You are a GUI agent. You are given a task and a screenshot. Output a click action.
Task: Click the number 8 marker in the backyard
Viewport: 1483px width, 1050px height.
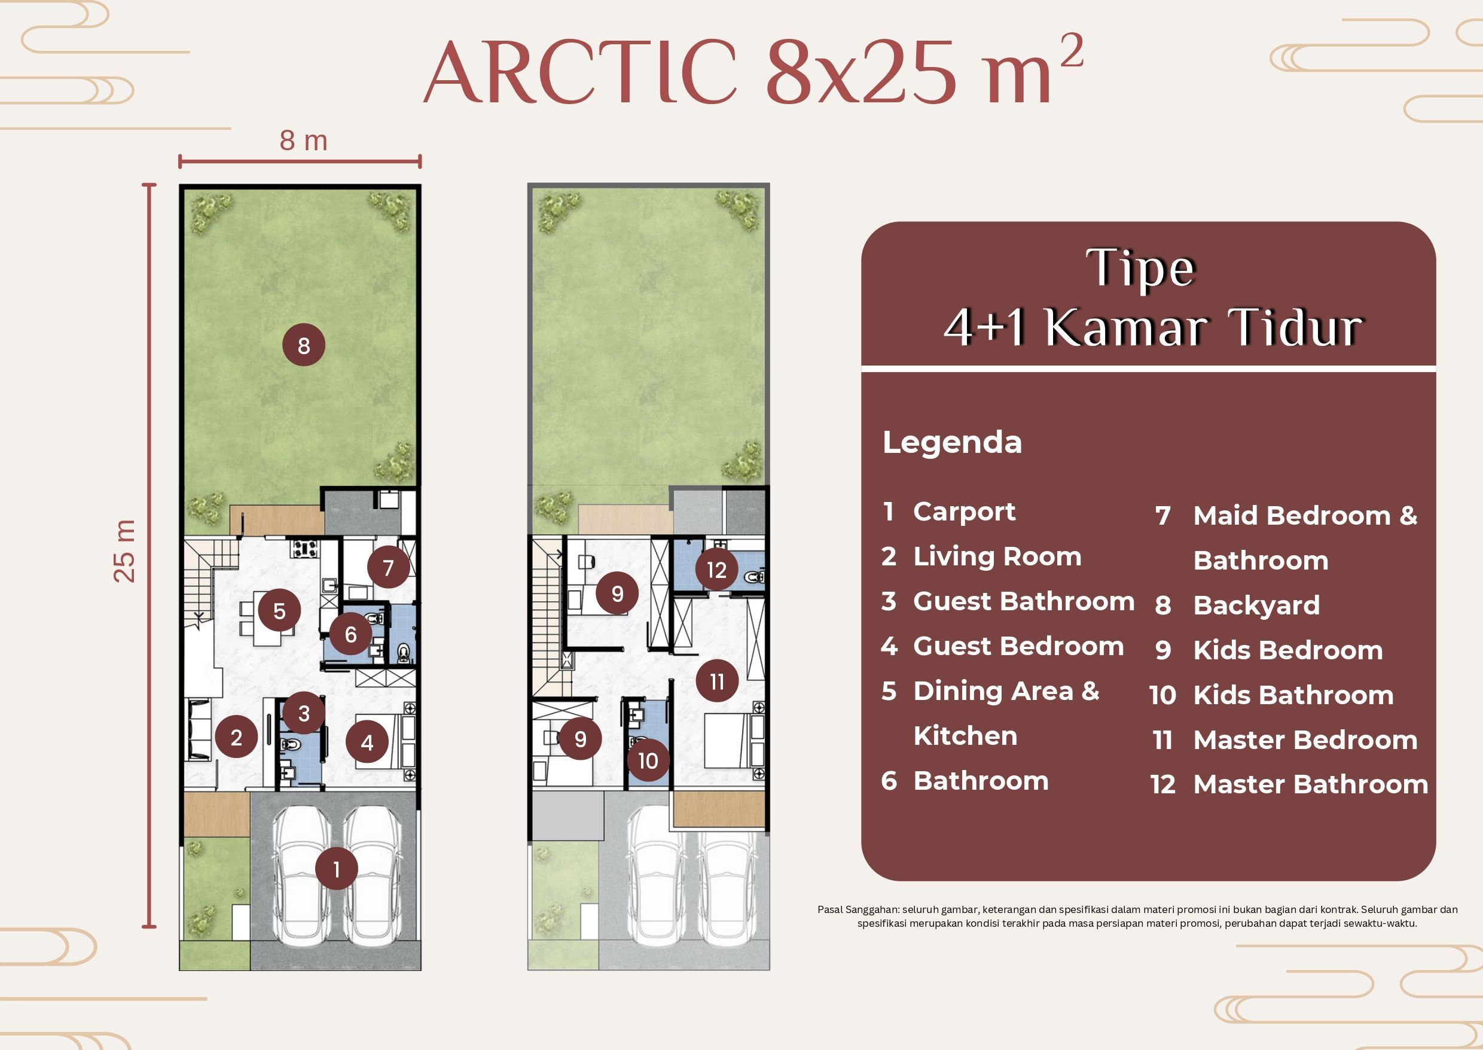click(x=304, y=345)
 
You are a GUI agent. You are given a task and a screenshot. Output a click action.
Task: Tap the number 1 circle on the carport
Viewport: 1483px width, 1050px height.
click(x=336, y=869)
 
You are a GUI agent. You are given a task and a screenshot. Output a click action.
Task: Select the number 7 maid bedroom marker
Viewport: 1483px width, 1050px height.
click(x=387, y=567)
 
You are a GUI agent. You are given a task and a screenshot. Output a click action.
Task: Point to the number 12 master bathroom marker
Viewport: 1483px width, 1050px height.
click(x=716, y=570)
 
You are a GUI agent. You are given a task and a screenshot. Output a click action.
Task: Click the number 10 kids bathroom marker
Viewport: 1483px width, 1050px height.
click(x=648, y=760)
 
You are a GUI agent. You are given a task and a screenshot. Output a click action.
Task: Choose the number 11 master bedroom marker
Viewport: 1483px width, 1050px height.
click(x=716, y=681)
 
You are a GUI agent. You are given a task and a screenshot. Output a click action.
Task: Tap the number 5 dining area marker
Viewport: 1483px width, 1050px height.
click(x=279, y=610)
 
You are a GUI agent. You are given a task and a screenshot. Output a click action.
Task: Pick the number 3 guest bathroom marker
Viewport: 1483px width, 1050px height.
click(x=304, y=713)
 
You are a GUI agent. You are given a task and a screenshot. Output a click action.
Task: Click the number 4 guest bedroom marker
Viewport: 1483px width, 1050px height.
click(x=367, y=742)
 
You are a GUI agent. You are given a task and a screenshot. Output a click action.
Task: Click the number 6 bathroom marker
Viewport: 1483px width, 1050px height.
click(x=350, y=634)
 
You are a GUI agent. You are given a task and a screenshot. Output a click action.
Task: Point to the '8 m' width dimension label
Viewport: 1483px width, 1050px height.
click(x=303, y=141)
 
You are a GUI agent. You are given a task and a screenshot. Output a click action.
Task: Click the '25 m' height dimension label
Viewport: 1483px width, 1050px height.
click(x=125, y=550)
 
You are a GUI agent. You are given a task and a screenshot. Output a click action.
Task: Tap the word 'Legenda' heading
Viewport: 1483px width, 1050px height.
click(x=952, y=443)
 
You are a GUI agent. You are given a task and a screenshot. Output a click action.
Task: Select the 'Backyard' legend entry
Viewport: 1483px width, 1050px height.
click(x=1256, y=606)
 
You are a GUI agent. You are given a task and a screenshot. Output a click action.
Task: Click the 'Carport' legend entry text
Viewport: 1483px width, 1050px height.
click(x=964, y=512)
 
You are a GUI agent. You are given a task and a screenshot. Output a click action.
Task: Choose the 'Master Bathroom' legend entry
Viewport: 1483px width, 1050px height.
click(x=1310, y=784)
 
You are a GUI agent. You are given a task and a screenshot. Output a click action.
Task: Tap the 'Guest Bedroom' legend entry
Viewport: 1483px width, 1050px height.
click(x=1018, y=647)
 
